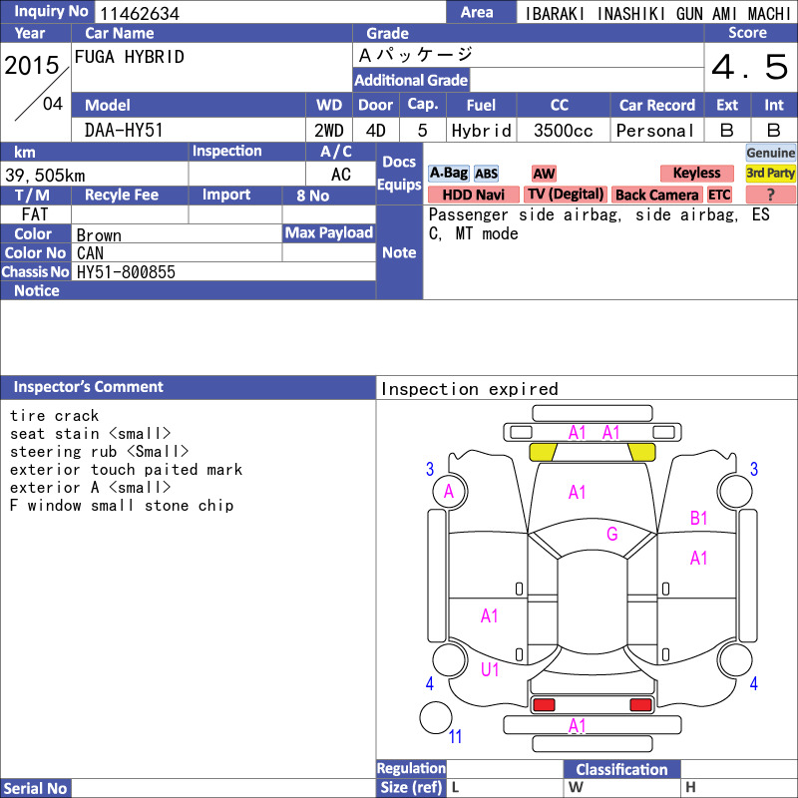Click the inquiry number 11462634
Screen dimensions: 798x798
[x=140, y=13]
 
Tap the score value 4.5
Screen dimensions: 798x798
[x=750, y=67]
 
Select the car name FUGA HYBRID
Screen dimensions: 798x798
[x=130, y=57]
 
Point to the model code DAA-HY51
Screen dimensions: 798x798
[x=124, y=131]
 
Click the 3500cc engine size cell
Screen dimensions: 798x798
[x=563, y=131]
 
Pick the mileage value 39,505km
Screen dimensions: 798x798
[x=45, y=176]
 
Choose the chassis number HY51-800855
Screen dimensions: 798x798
[x=126, y=272]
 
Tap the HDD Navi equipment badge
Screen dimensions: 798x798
[x=473, y=195]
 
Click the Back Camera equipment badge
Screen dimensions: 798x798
[x=656, y=195]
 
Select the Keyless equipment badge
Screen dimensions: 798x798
[x=696, y=173]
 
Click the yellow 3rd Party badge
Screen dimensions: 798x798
[x=770, y=173]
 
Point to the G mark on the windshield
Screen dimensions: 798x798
[x=612, y=534]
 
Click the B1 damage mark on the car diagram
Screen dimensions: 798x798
[x=699, y=518]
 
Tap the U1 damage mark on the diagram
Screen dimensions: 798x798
[x=490, y=669]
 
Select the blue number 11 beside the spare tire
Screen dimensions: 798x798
[x=455, y=736]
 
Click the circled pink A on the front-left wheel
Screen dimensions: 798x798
[x=449, y=492]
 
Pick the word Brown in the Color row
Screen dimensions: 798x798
[x=99, y=235]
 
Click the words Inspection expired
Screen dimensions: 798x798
[x=469, y=389]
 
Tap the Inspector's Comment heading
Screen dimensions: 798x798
[x=89, y=387]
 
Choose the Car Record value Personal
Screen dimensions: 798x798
[x=655, y=131]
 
